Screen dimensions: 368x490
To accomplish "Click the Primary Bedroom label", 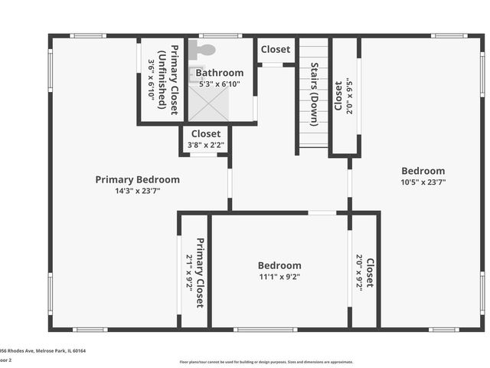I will [x=137, y=179].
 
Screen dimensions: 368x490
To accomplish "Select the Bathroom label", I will [x=220, y=73].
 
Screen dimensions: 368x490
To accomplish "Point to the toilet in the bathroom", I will [x=204, y=50].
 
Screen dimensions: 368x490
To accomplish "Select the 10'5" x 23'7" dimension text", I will [x=423, y=182].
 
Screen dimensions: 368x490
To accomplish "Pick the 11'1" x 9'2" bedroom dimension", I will [x=279, y=277].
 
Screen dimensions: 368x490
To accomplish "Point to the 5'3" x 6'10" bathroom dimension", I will [x=220, y=84].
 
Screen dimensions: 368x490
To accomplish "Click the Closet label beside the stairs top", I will [x=276, y=49].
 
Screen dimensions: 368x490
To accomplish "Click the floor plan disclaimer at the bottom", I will [x=266, y=362].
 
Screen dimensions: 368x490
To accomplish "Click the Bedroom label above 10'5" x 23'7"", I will [x=423, y=171].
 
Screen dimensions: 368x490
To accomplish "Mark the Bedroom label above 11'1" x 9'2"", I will [x=279, y=265].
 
